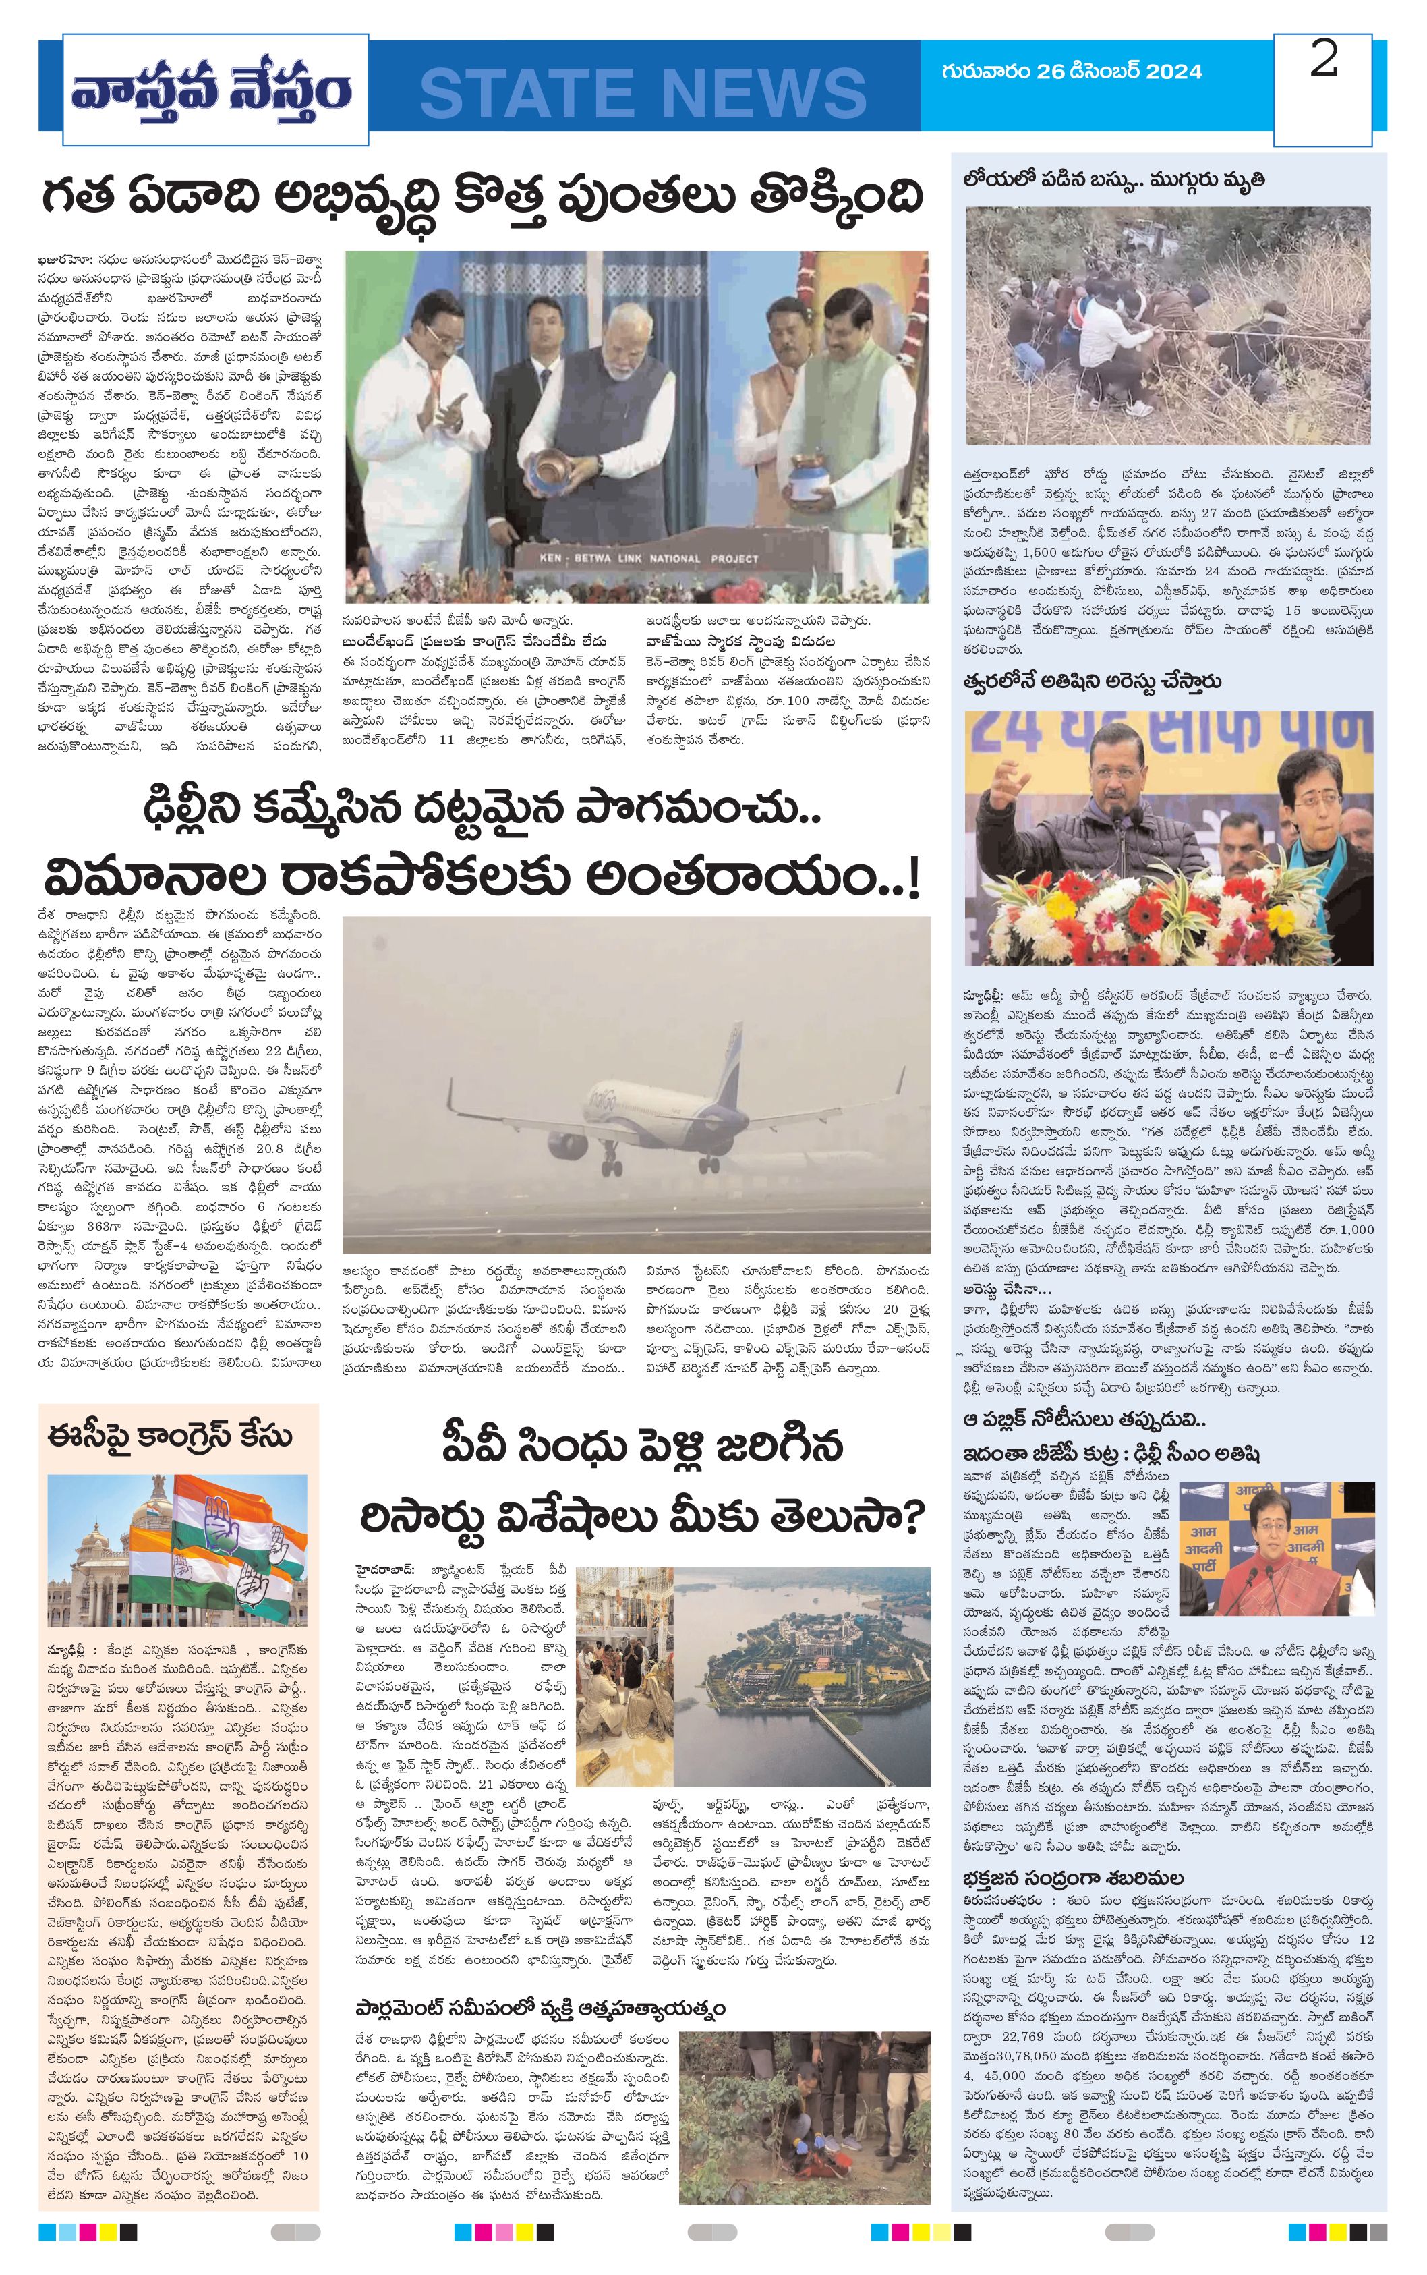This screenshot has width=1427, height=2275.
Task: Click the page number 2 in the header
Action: [1323, 61]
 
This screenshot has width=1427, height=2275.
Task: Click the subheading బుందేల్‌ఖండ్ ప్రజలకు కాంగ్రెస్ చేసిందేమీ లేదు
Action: [474, 642]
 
